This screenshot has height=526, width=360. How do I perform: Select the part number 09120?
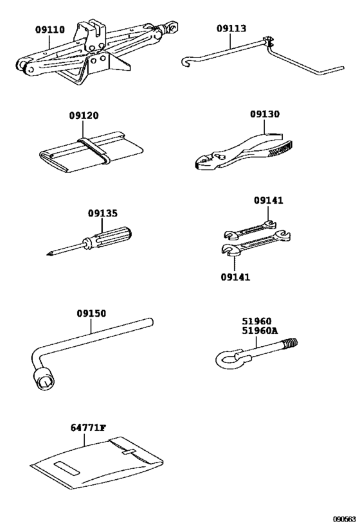(x=84, y=116)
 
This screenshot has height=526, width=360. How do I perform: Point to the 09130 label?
(x=265, y=114)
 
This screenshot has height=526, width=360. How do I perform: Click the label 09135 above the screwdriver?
(x=103, y=213)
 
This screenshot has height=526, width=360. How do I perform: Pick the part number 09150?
(x=91, y=313)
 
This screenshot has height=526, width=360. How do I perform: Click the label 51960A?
(x=259, y=331)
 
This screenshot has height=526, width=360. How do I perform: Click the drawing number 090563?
(x=345, y=519)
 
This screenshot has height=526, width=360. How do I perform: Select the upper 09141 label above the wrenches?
(x=268, y=200)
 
